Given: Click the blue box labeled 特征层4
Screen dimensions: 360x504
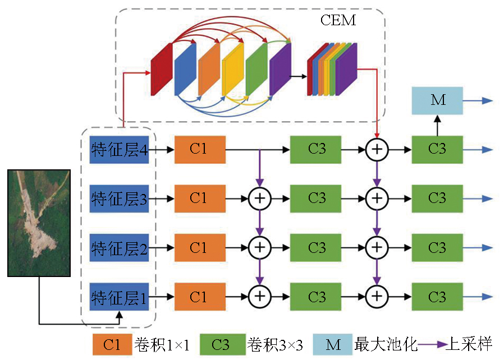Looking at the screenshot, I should click(119, 150).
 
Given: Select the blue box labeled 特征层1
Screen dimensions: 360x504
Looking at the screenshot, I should click(119, 297).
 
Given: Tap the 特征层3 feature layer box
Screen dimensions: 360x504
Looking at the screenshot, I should click(119, 199).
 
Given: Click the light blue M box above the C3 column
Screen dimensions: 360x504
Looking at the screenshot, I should click(437, 101).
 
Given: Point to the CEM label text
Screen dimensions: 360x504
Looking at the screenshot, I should click(338, 21).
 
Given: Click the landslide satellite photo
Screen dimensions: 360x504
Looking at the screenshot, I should click(39, 223).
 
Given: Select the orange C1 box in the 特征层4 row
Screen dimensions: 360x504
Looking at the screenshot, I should click(199, 150).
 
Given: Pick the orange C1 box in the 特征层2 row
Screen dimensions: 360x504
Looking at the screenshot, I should click(199, 248).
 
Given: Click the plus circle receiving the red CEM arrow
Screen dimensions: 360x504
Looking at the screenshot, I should click(377, 150).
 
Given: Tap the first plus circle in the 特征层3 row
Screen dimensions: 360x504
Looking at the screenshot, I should click(259, 199).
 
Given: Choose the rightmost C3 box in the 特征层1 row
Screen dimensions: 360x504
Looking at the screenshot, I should click(437, 297).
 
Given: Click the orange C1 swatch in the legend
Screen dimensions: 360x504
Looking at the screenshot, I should click(112, 345).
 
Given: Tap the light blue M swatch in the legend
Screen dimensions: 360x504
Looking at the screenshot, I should click(333, 345).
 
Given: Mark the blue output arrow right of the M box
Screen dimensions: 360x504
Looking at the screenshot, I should click(480, 101).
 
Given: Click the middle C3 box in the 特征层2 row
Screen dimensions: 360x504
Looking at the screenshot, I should click(317, 248).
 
